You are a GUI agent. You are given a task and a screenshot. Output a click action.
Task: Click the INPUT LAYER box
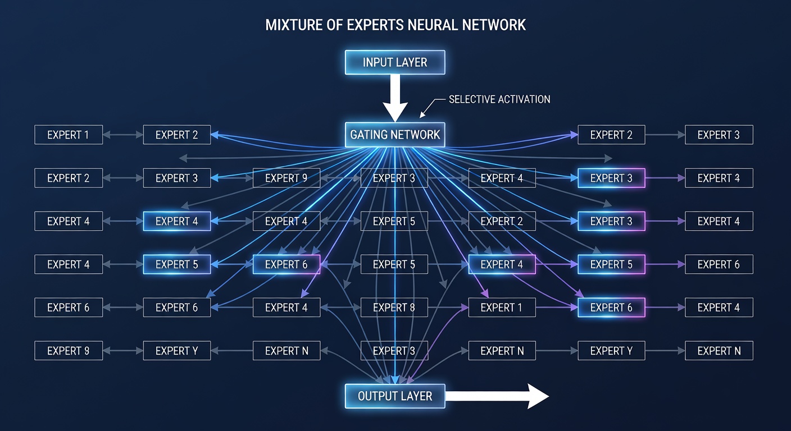tap(395, 62)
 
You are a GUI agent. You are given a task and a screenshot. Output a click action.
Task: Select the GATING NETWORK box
tap(395, 135)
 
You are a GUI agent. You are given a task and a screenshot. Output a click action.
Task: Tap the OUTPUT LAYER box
tap(395, 396)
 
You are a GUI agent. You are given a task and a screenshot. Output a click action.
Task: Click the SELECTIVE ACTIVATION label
tap(499, 99)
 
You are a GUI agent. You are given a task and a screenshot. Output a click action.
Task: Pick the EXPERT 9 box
tap(286, 178)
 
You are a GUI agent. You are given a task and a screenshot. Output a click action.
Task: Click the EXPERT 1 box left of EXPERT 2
tap(69, 135)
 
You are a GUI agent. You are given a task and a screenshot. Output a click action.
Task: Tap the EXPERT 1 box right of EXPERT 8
tap(502, 308)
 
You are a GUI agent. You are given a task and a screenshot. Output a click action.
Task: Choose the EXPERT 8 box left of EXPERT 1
tap(394, 308)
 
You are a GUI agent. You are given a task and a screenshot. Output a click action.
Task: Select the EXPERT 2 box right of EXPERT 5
tap(502, 221)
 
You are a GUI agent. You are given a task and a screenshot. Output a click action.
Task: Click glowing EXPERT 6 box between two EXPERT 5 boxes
tap(286, 264)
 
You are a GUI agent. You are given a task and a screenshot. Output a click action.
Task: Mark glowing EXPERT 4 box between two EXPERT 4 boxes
tap(177, 221)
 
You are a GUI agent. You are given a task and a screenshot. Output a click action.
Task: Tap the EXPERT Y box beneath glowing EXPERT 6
tap(611, 351)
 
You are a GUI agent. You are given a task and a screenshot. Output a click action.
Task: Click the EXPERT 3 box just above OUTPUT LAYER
tap(394, 351)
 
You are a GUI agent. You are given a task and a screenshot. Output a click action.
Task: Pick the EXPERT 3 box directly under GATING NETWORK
tap(394, 178)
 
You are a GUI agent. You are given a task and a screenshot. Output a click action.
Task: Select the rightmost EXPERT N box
tap(719, 351)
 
